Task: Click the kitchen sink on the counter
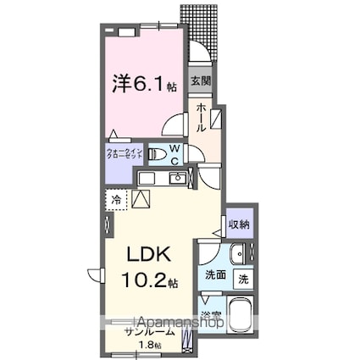[x=178, y=178]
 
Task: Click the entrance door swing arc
[x=198, y=51]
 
